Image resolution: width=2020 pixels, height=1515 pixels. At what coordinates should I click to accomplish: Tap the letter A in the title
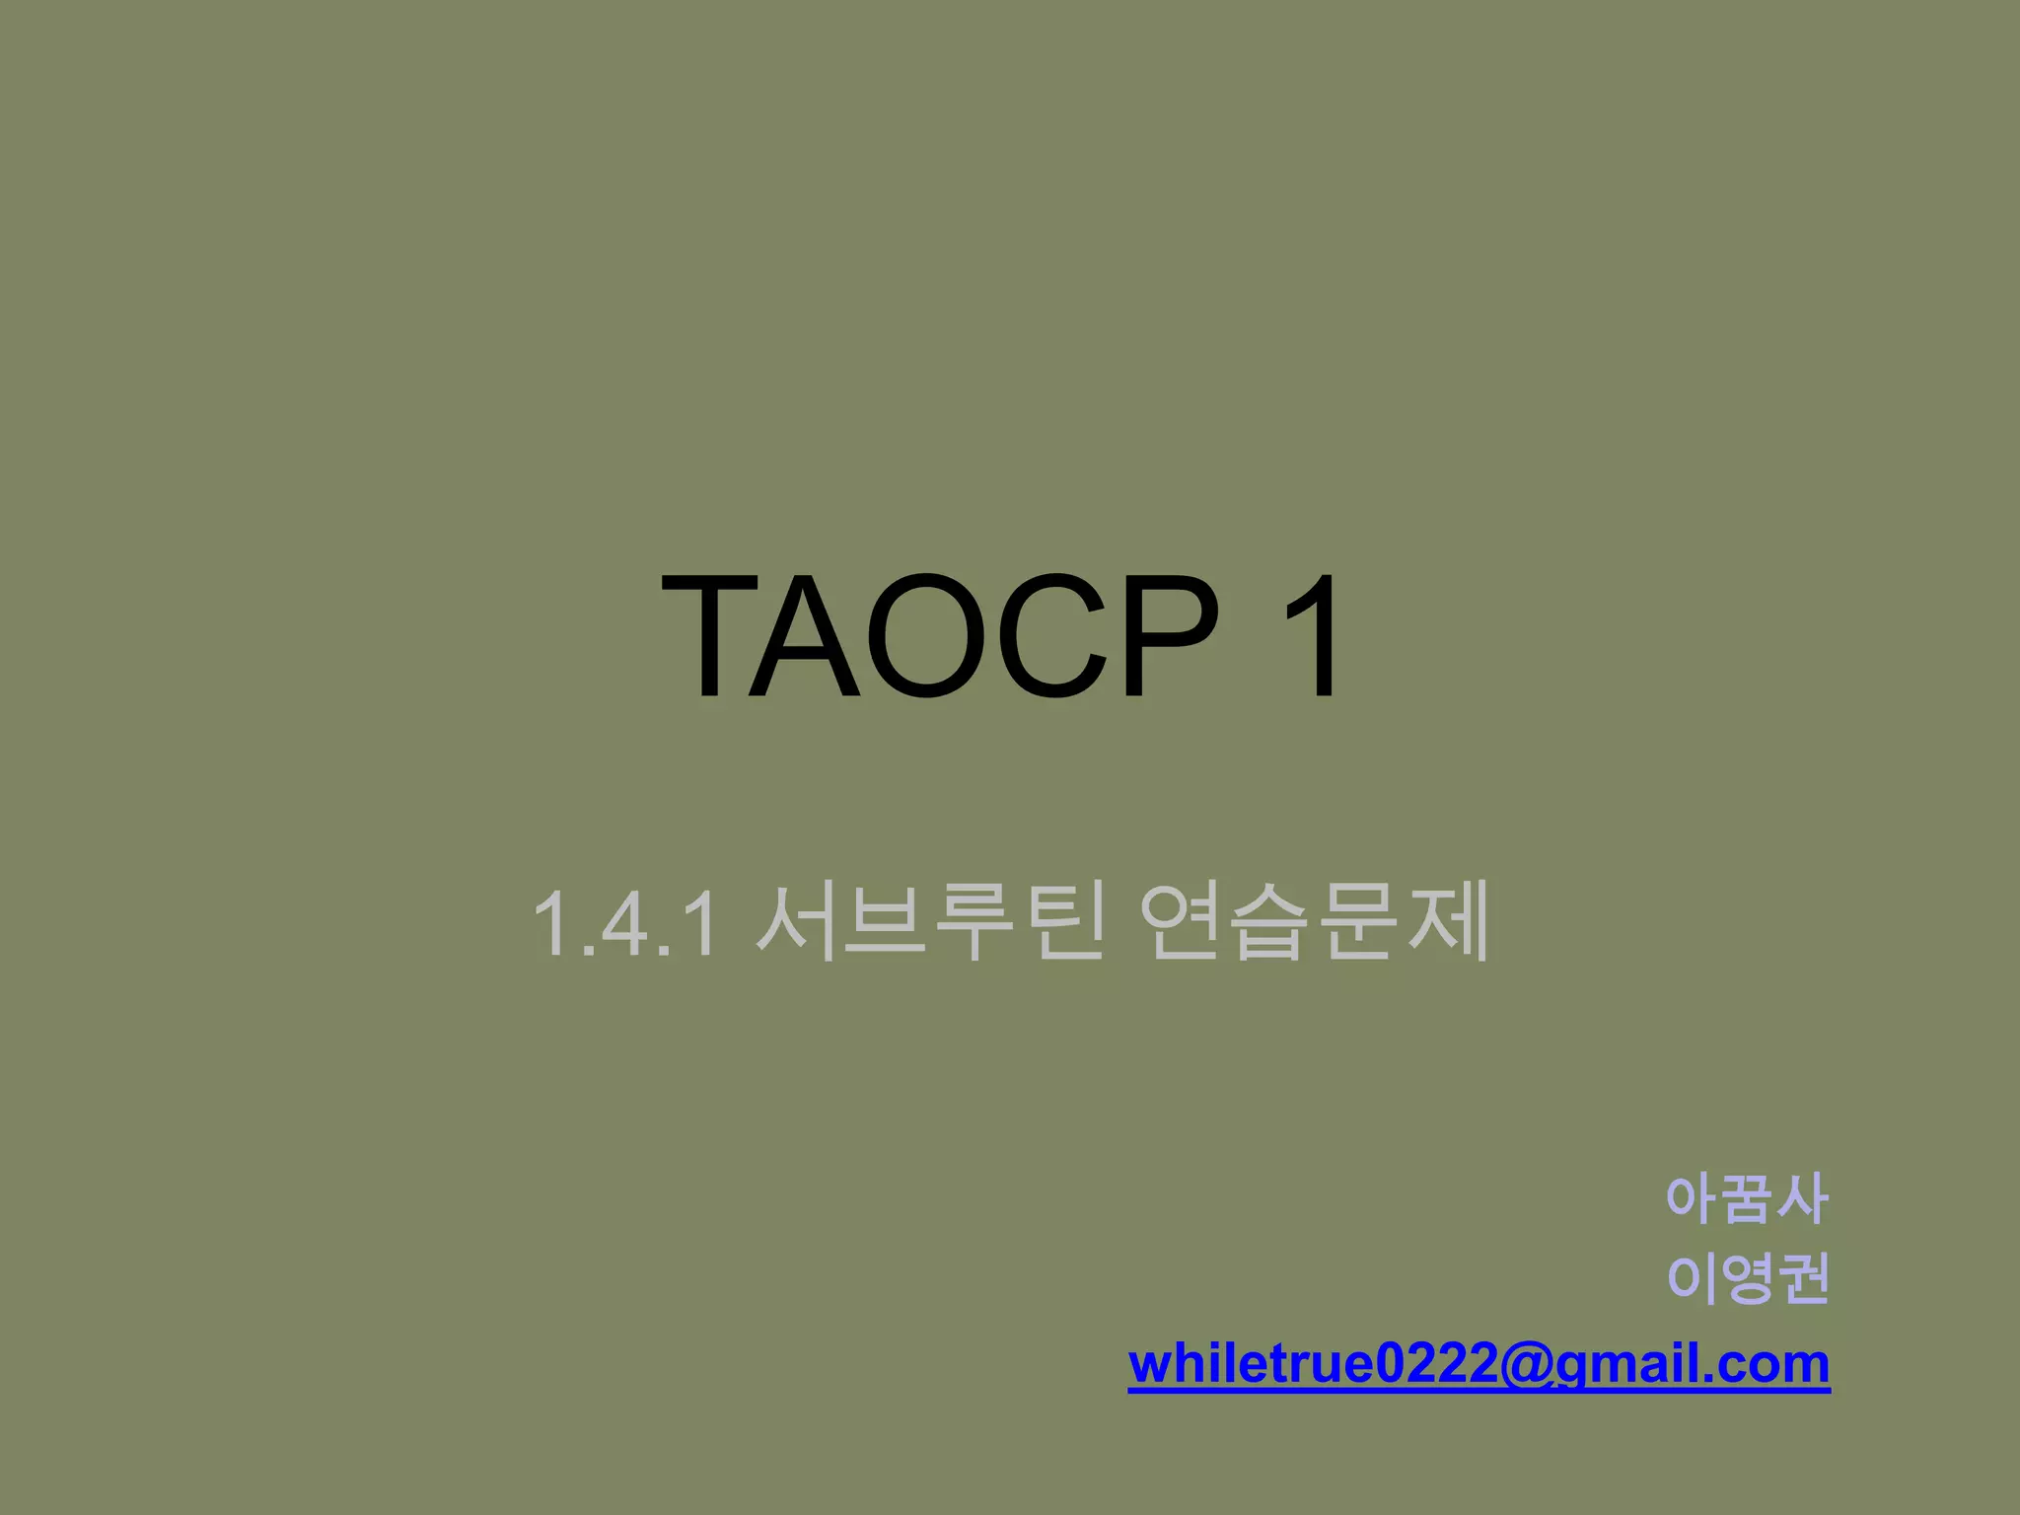click(x=805, y=635)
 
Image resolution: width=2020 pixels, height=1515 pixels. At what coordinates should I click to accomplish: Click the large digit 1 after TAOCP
click(x=1312, y=635)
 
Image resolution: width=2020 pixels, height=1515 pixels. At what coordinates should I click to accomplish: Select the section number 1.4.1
click(x=623, y=923)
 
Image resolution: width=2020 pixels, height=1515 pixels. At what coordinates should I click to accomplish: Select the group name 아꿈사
click(x=1747, y=1199)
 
